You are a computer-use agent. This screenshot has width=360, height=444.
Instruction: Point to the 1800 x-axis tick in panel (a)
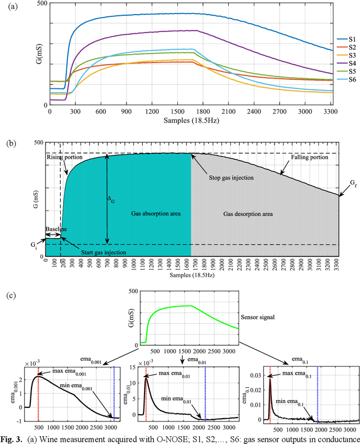(203, 113)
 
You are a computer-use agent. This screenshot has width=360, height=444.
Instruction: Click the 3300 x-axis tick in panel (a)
(330, 113)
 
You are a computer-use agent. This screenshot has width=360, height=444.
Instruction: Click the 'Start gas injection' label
(95, 253)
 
